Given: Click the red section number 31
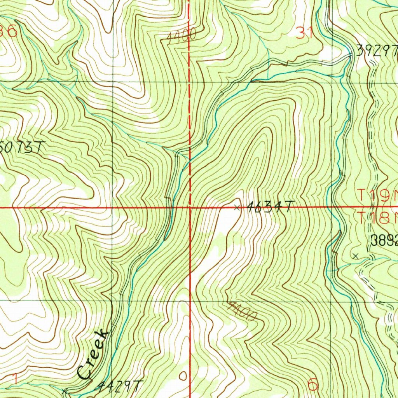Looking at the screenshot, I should [305, 34].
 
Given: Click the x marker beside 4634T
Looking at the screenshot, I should [237, 208].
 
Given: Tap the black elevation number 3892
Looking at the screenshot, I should [384, 241].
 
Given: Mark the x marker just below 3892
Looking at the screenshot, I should [355, 255].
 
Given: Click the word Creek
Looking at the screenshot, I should [93, 354].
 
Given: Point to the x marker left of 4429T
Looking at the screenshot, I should [65, 389].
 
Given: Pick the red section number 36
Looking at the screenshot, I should [9, 31].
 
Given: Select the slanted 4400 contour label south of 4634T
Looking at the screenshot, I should [242, 311].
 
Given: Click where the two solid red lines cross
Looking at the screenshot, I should [190, 208].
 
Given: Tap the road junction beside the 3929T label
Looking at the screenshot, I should [350, 56].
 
